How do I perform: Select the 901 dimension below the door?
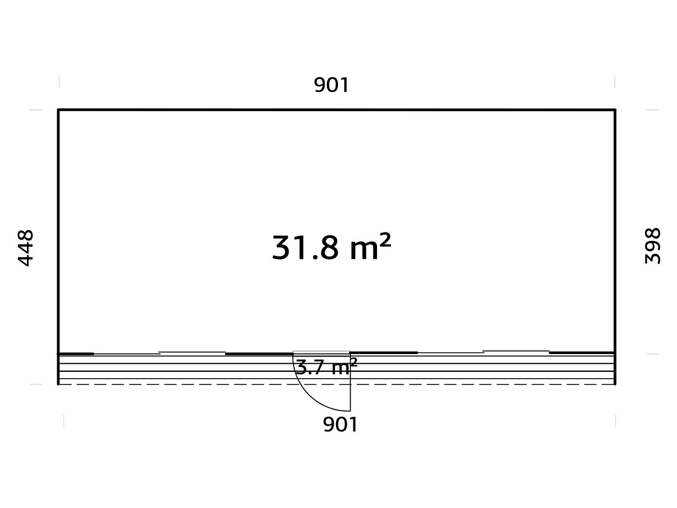coord(340,424)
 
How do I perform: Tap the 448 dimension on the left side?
coord(25,248)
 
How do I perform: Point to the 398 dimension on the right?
coord(652,246)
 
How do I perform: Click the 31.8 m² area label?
coord(331,247)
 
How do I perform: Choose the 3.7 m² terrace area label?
coord(326,367)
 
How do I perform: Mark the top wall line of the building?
coord(337,110)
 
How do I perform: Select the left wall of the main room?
coord(58,231)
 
